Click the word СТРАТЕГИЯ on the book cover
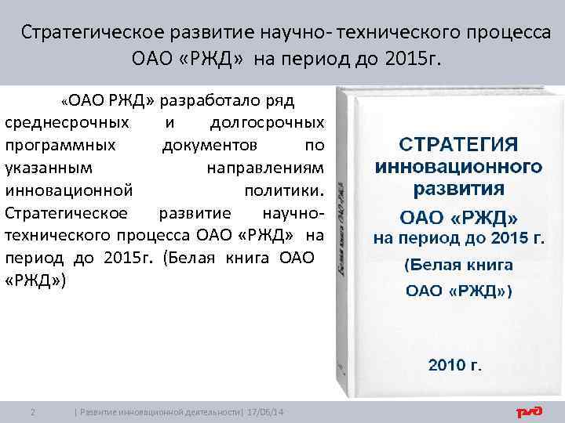458,145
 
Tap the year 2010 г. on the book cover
454,364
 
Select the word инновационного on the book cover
458,166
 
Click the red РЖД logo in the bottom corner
531,412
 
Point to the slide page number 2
31,412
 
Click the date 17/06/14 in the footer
267,412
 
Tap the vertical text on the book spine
343,227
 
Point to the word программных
61,146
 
